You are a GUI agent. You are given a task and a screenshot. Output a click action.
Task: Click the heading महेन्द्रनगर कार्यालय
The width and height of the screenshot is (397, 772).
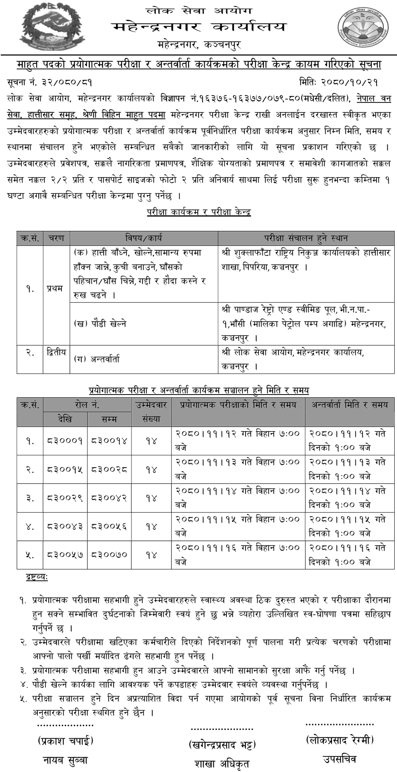[198, 27]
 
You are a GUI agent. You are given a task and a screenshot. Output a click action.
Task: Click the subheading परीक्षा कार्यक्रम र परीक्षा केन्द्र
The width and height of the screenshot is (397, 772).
[198, 212]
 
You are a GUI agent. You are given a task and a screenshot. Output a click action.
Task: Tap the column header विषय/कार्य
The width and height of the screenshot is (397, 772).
[143, 238]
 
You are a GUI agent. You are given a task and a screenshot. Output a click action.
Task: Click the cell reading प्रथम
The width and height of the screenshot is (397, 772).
[55, 288]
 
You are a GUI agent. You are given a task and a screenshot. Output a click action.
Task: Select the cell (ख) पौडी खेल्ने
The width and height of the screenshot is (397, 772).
[100, 324]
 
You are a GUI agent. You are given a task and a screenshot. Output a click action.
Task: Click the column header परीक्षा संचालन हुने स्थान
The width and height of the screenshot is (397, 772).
[306, 238]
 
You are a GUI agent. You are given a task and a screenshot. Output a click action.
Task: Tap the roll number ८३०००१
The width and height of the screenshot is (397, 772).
[65, 441]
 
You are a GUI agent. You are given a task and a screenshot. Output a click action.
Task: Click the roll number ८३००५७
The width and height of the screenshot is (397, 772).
[65, 555]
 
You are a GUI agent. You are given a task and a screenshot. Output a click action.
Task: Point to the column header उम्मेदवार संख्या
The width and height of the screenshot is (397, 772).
[151, 412]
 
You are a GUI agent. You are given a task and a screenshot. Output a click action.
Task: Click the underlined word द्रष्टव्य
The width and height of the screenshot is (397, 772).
[37, 577]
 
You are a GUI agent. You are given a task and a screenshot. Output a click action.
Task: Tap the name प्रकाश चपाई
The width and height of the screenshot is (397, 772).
[66, 740]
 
